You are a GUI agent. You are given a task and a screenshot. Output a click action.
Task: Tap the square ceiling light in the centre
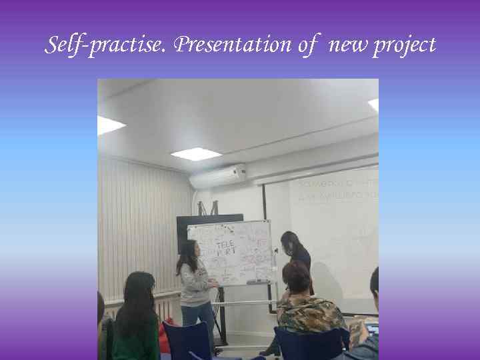[195, 153]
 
